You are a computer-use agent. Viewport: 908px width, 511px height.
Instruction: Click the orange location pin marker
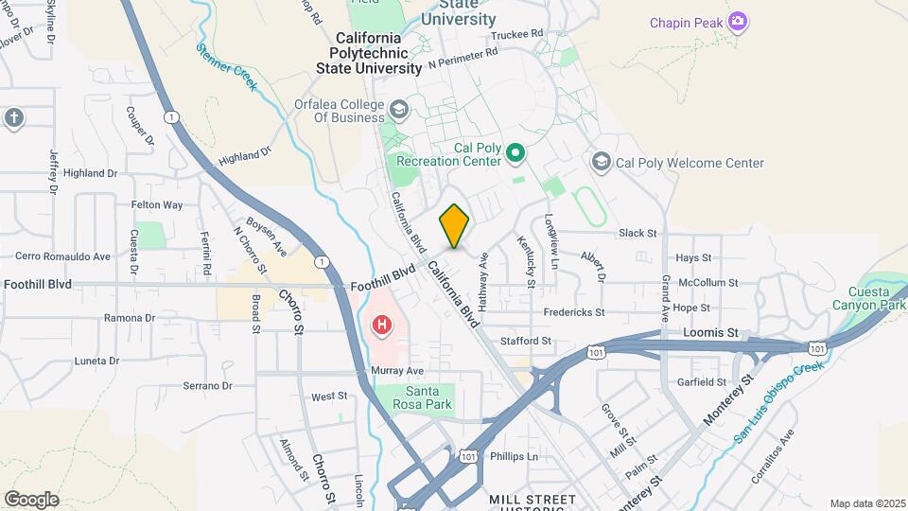click(x=454, y=226)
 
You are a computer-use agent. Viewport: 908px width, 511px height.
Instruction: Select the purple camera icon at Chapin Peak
click(x=739, y=22)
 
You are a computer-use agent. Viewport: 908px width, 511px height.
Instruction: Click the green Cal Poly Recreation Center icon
click(x=515, y=152)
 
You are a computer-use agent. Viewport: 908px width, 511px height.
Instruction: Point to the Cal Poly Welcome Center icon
click(x=601, y=163)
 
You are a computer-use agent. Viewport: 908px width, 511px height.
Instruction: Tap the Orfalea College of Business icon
click(x=398, y=111)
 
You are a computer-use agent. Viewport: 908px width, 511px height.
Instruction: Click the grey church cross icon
click(x=13, y=117)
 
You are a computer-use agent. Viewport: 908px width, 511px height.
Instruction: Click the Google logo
click(x=31, y=499)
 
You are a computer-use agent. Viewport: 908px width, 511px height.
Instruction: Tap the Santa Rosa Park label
click(x=429, y=397)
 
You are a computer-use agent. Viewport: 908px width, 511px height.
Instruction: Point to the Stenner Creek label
click(x=227, y=66)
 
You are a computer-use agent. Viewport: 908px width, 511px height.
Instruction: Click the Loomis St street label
click(x=710, y=333)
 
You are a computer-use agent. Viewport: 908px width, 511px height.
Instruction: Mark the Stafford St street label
click(x=526, y=340)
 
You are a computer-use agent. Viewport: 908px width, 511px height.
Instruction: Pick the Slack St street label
click(x=637, y=233)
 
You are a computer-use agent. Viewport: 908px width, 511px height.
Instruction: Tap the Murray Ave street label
click(x=397, y=370)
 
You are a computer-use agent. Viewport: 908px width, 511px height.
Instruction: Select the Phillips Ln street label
click(x=514, y=456)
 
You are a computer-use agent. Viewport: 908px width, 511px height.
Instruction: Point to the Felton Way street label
click(x=156, y=204)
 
